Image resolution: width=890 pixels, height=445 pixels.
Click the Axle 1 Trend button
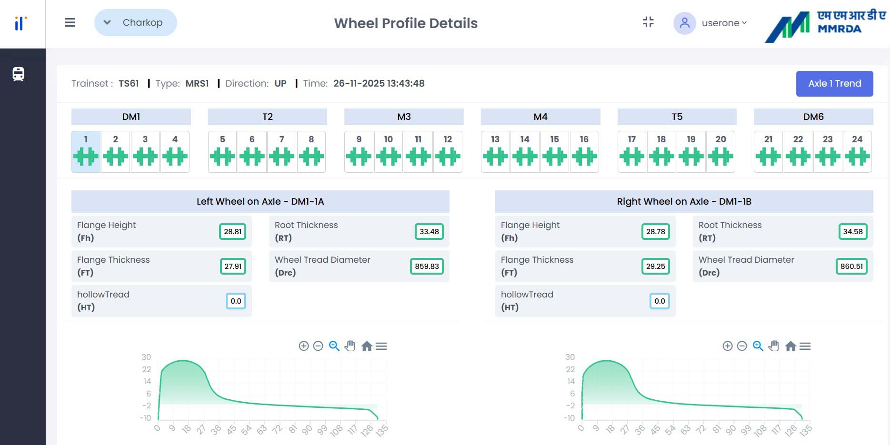834,84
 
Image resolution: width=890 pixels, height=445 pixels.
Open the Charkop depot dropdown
136,22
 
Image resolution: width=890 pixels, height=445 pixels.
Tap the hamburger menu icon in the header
70,22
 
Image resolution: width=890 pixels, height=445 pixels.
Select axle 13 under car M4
495,151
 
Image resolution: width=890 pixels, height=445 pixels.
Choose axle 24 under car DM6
857,151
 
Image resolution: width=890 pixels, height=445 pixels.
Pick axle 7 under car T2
281,151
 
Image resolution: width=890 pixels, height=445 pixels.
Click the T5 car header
677,117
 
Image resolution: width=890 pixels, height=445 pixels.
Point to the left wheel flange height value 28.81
232,232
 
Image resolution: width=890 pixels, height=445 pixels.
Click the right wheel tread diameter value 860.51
851,267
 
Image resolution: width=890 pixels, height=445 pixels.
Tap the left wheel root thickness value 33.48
429,232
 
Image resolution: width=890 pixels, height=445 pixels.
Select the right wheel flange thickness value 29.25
655,267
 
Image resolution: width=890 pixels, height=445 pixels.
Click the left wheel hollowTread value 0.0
236,301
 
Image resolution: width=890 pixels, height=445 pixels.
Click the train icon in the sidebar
19,74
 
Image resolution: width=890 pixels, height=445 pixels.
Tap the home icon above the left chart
366,346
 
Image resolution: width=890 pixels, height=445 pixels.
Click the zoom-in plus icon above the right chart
727,346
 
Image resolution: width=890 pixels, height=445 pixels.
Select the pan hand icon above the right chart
774,346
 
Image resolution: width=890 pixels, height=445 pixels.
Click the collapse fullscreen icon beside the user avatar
648,22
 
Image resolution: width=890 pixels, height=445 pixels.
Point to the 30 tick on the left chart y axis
146,357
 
